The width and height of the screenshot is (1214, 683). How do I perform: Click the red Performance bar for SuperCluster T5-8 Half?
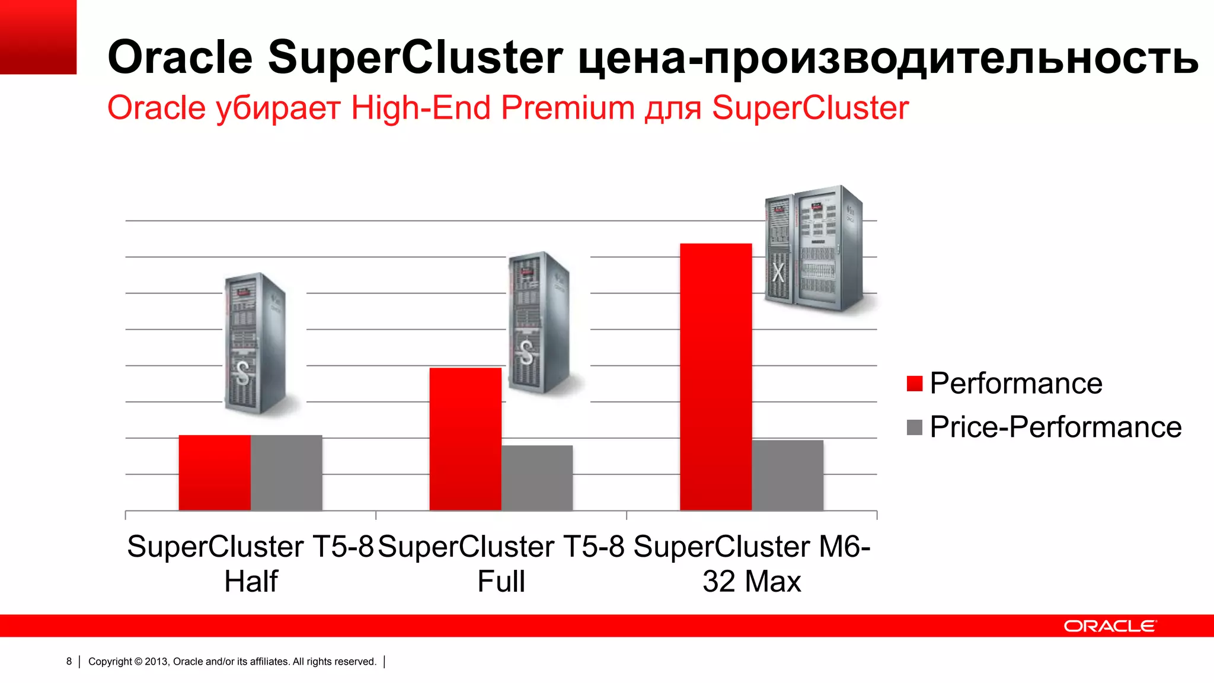215,473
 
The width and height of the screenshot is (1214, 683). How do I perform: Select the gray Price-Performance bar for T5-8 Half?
286,473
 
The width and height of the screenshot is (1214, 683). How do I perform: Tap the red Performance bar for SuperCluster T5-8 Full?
465,439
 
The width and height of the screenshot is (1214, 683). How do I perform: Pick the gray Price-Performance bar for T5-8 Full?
537,477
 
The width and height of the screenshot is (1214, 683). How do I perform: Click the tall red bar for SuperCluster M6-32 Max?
715,376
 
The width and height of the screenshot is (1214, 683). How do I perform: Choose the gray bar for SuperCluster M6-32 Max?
788,475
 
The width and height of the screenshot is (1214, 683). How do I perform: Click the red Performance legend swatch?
915,384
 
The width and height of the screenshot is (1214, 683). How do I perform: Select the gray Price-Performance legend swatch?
915,427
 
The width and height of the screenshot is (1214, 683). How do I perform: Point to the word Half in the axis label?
251,581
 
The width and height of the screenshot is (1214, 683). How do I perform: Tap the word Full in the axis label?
501,581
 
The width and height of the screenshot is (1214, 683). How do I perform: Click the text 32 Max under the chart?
752,581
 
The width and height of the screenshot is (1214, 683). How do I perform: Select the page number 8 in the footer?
69,661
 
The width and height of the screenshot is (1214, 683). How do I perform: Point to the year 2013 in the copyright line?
156,662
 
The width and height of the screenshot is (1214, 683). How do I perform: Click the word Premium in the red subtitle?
567,108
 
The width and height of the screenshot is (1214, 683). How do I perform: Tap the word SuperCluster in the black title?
415,57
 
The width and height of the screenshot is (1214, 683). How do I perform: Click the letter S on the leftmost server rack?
242,373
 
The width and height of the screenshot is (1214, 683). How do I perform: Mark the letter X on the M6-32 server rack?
778,272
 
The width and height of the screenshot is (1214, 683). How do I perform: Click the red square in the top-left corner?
38,37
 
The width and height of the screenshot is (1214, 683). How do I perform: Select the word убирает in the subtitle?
278,108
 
